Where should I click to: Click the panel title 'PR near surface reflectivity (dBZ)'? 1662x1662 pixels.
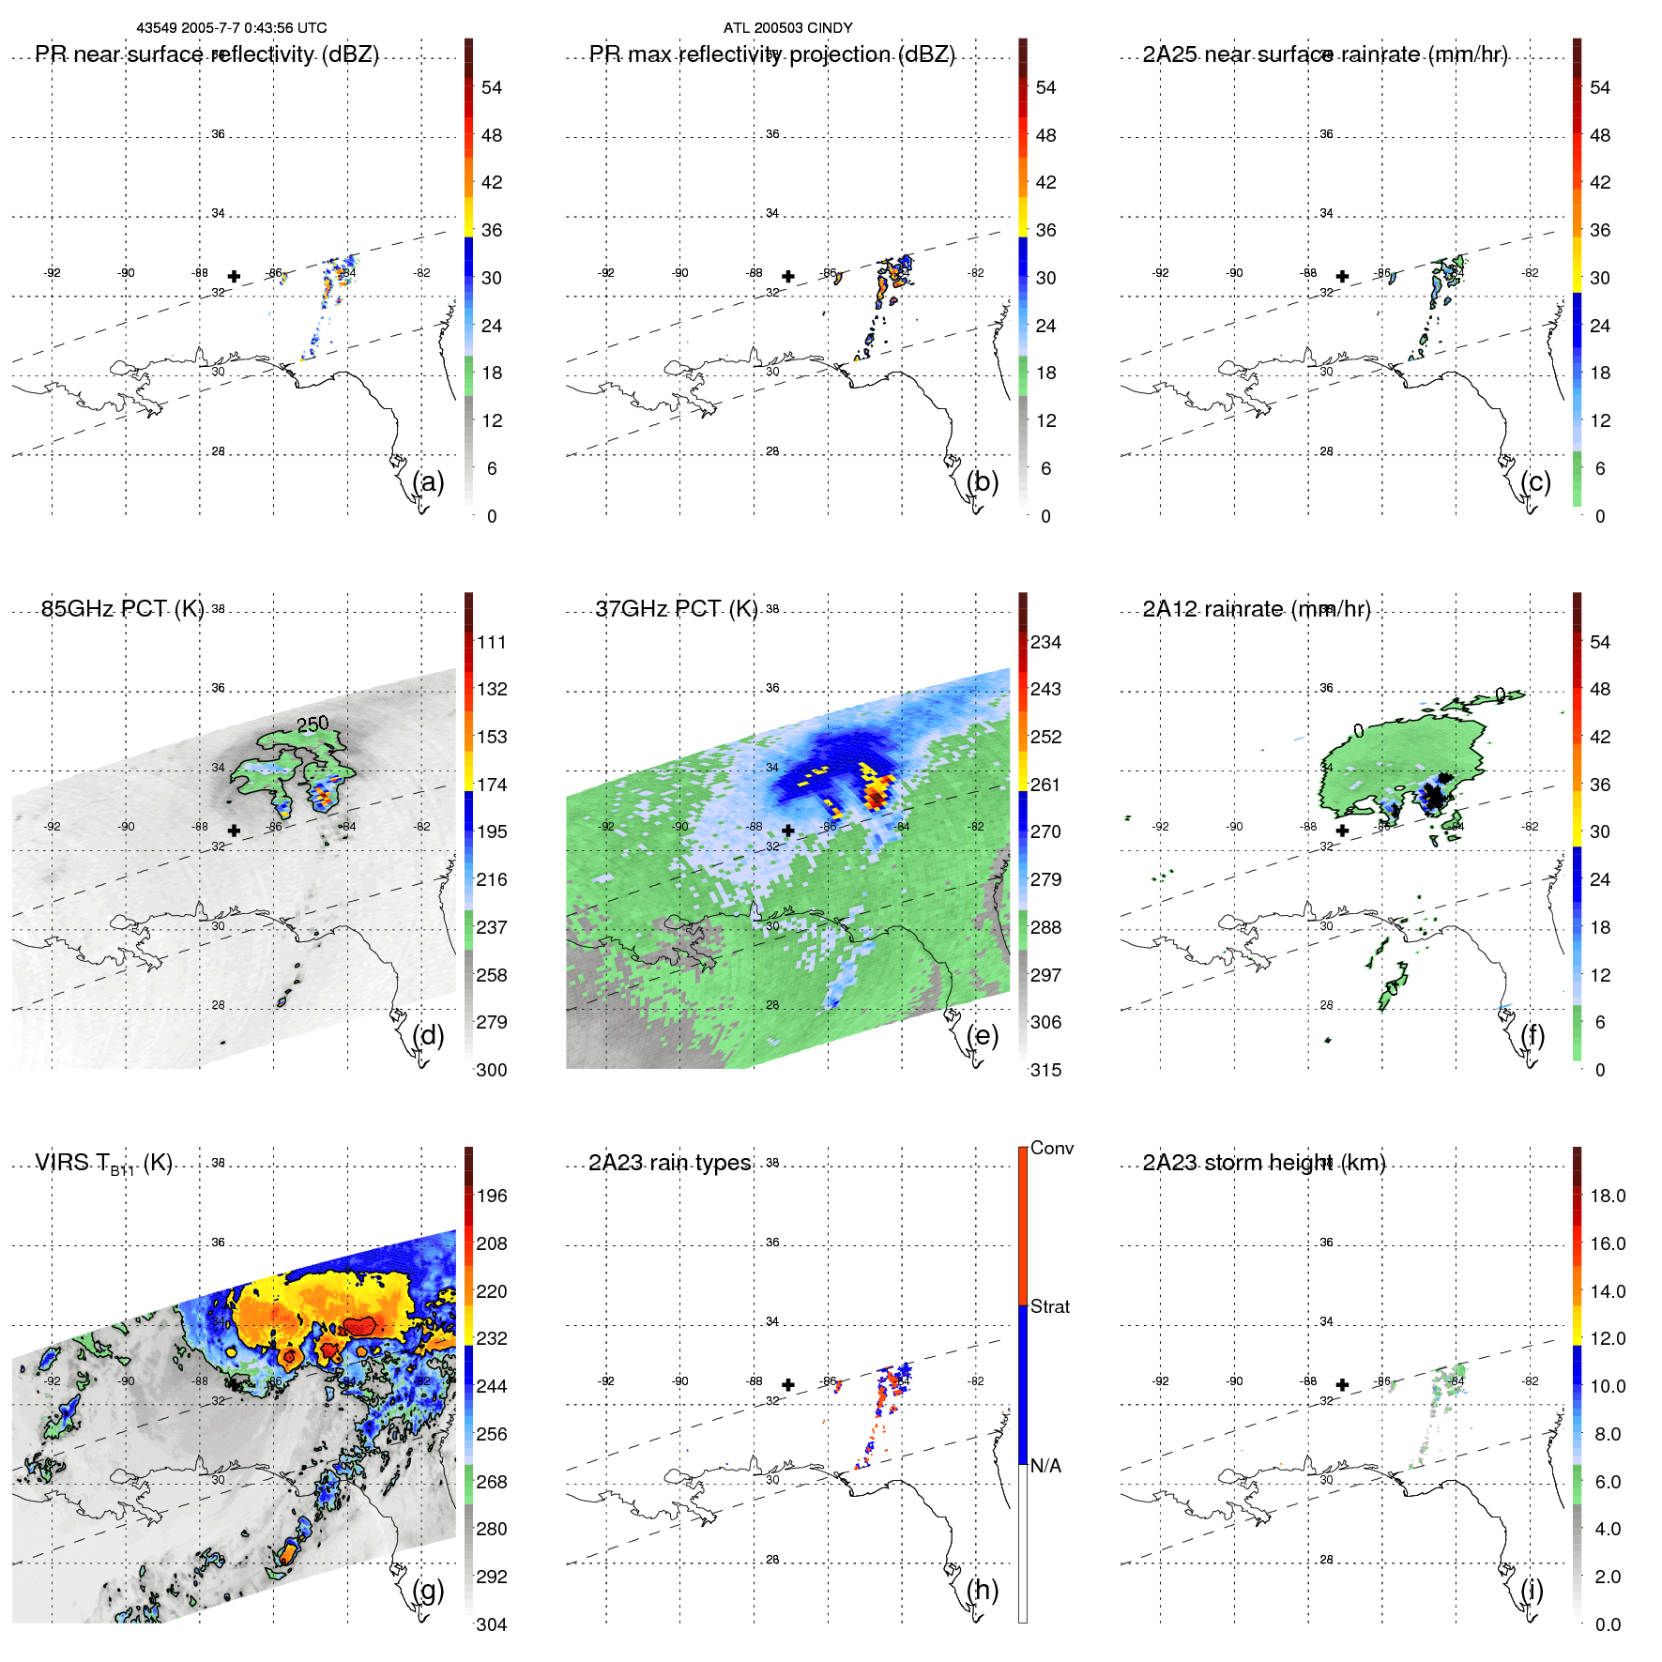(x=206, y=54)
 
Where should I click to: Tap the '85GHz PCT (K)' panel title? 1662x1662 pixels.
(x=122, y=609)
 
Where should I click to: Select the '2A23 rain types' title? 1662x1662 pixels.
(x=669, y=1163)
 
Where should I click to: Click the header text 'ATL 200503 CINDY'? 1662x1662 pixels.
(x=787, y=28)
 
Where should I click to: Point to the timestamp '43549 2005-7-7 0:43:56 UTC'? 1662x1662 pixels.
(x=232, y=28)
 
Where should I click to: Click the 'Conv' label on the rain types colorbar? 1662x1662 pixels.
(x=1051, y=1148)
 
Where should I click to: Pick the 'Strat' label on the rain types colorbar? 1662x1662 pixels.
(x=1049, y=1306)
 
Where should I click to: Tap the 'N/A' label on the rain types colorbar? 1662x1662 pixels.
(x=1045, y=1466)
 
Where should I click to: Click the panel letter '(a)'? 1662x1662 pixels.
(x=428, y=481)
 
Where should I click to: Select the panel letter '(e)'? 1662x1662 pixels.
(x=983, y=1035)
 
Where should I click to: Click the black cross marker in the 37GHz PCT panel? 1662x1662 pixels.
(x=788, y=831)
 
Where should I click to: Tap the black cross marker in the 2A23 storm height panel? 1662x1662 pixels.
(x=1343, y=1384)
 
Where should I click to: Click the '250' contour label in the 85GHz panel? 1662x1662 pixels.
(x=313, y=724)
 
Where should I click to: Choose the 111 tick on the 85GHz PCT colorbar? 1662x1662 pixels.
(x=492, y=642)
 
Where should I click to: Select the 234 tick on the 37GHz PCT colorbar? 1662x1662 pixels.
(x=1045, y=642)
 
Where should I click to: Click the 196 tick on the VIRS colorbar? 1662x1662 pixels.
(x=492, y=1196)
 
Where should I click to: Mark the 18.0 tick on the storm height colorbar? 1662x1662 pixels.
(x=1607, y=1196)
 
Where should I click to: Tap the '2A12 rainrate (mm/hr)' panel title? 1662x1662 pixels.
(x=1256, y=609)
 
